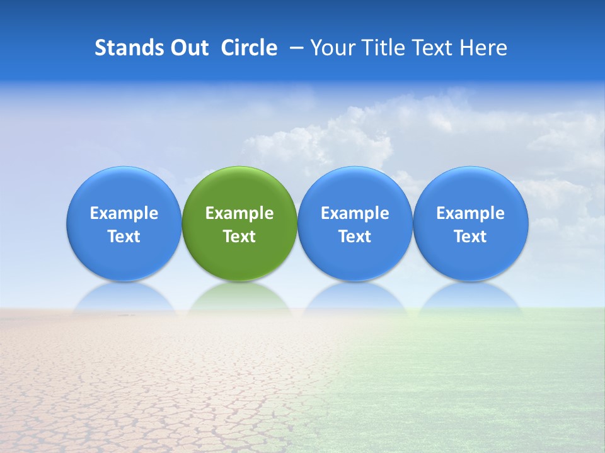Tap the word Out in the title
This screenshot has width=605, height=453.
pos(188,48)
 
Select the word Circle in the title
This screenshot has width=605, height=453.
pos(249,48)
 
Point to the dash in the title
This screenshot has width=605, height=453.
pos(294,48)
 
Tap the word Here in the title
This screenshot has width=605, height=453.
pos(485,48)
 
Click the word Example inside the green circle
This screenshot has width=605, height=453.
pos(239,213)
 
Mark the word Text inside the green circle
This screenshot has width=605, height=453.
pos(239,237)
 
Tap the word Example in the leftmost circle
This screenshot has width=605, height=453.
pos(124,213)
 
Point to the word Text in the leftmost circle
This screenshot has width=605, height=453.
pos(124,237)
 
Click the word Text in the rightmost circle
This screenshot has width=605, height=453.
pos(471,237)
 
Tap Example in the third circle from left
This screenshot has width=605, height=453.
pos(355,213)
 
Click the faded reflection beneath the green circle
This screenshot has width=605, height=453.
pos(239,298)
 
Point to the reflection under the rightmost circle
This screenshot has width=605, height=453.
pos(471,298)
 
